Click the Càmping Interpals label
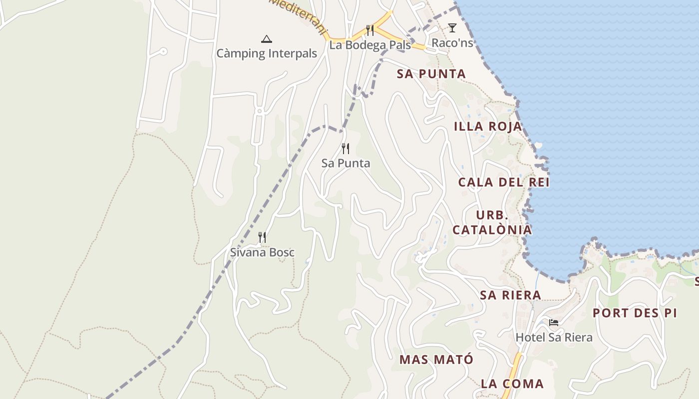point(267,53)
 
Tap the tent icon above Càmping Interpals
point(267,39)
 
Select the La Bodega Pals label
point(369,45)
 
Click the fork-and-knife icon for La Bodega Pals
point(370,30)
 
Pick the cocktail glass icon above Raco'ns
point(452,28)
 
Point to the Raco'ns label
point(452,43)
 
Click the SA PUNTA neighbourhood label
point(431,74)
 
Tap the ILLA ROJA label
point(488,127)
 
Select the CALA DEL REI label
point(504,183)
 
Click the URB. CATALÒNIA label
point(492,223)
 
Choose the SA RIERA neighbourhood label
point(510,295)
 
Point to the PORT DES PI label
point(635,313)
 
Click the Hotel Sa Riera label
point(554,338)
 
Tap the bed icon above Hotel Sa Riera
point(554,323)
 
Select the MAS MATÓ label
point(436,360)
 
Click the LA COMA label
point(512,384)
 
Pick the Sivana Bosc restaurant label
point(262,252)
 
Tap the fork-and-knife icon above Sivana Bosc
point(262,237)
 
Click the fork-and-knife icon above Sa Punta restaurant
point(346,149)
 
